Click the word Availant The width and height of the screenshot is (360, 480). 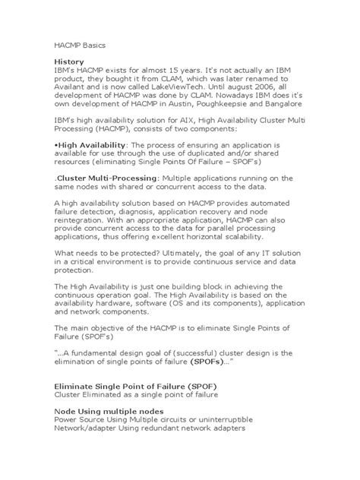click(x=74, y=87)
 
